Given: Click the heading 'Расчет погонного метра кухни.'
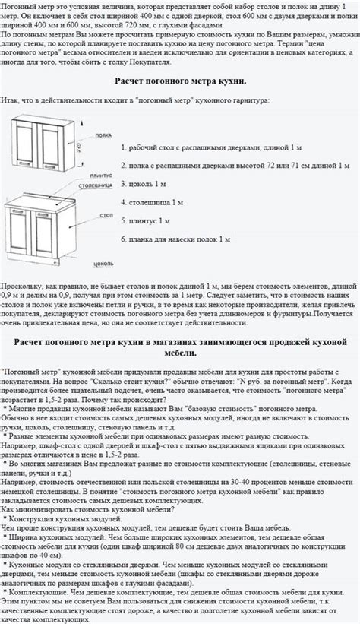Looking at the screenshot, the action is point(180,81).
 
